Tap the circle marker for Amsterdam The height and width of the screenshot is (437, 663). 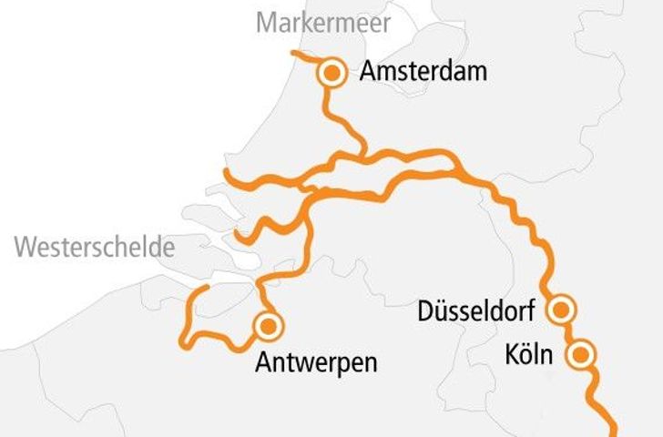[x=332, y=73]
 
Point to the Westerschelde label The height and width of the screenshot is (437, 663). [x=96, y=246]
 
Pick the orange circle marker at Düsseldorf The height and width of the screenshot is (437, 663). [x=562, y=310]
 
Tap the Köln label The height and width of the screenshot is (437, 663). [x=529, y=354]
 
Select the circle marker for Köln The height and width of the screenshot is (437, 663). [x=580, y=354]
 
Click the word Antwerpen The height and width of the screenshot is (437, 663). [x=316, y=363]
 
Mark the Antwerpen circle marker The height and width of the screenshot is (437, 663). [x=268, y=325]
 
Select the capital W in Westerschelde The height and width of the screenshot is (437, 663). [x=25, y=246]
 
